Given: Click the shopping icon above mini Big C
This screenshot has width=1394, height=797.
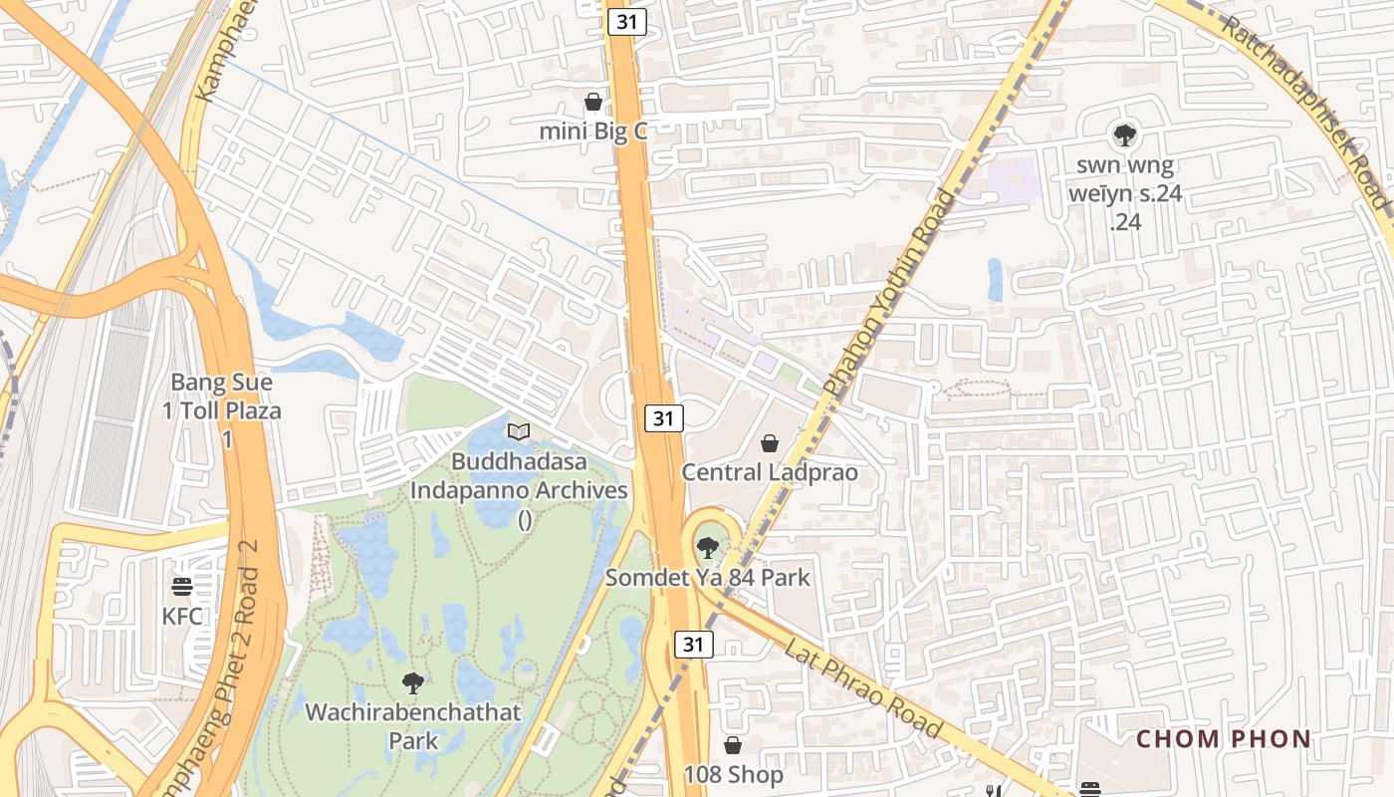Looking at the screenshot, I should click(593, 102).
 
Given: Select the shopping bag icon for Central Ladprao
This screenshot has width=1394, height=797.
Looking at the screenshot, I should click(770, 443).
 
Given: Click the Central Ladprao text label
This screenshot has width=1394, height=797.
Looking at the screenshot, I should click(770, 472).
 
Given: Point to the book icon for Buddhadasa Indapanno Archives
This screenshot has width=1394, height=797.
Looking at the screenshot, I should click(519, 431).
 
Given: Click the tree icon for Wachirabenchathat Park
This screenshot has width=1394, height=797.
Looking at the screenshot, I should click(412, 683).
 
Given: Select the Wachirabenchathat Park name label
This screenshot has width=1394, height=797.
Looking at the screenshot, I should click(413, 726).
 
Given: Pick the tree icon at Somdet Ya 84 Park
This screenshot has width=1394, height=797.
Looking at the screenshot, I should click(707, 547).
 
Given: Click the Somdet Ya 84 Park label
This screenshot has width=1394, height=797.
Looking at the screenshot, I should click(708, 577).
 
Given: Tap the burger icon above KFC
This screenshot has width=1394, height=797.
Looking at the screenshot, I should click(182, 587).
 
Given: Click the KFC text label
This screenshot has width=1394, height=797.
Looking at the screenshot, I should click(182, 616).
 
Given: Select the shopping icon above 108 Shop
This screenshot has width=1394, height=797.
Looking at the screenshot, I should click(733, 745).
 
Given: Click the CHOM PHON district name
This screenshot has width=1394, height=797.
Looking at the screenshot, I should click(1224, 739).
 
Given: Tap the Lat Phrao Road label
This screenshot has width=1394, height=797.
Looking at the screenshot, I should click(863, 688).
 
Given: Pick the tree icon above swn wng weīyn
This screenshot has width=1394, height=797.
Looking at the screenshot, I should click(1124, 134).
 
